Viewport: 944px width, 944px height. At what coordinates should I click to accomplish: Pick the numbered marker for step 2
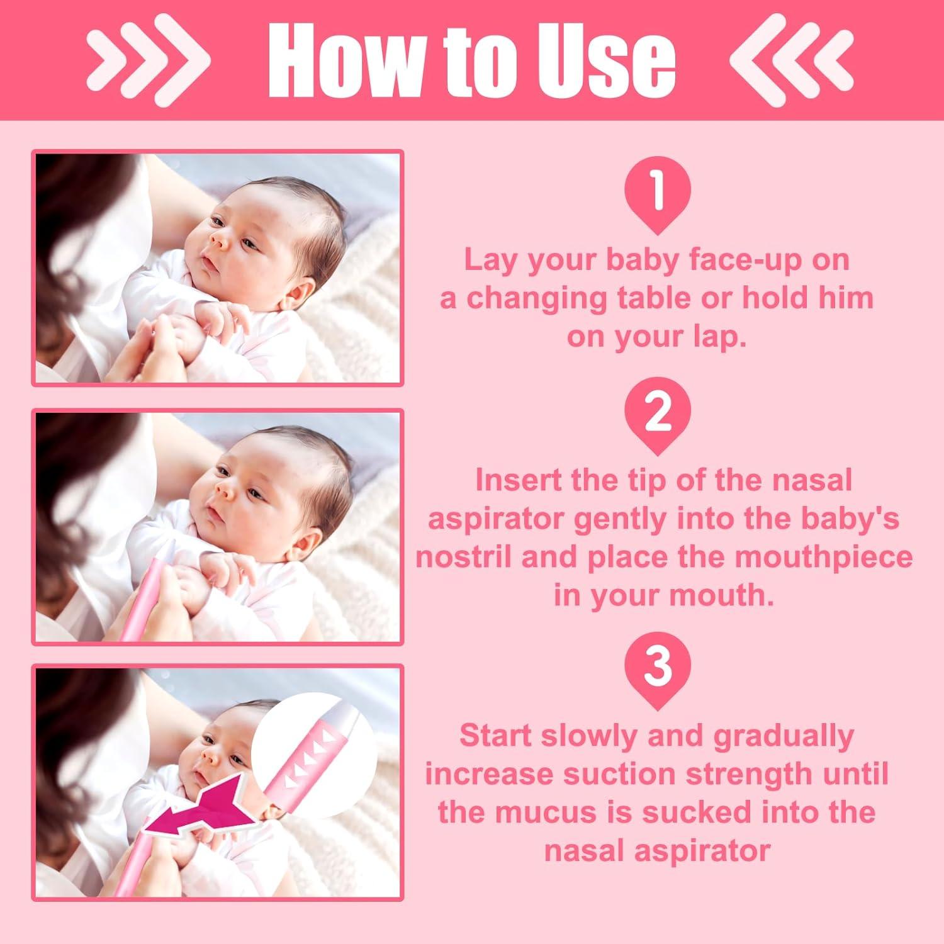(x=657, y=413)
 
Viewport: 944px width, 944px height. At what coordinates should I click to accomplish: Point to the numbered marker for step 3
(x=657, y=668)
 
